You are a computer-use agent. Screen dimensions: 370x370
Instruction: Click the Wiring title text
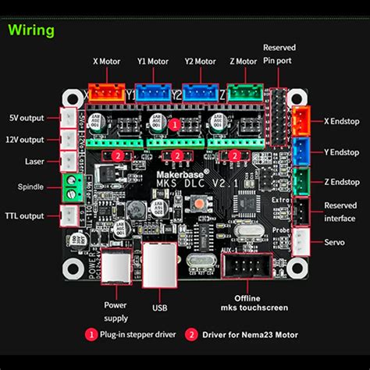coord(32,30)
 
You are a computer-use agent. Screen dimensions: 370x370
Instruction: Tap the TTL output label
coord(23,216)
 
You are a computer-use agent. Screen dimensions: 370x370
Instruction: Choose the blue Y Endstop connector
coord(300,151)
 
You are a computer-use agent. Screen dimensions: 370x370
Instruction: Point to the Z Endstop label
coord(340,181)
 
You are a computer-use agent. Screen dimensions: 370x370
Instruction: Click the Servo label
coord(335,242)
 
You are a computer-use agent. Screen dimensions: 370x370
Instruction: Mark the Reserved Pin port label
coord(279,53)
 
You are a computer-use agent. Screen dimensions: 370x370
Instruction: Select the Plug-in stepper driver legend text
coord(133,334)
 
